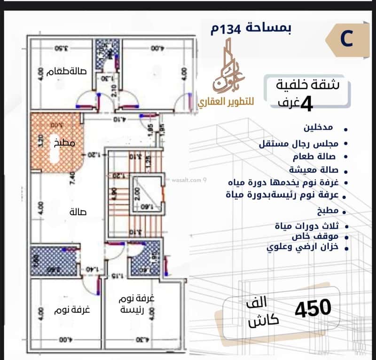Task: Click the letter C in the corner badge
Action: click(x=346, y=40)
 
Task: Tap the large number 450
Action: click(x=313, y=308)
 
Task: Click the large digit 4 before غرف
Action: click(x=306, y=104)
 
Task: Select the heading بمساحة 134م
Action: click(x=251, y=29)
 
